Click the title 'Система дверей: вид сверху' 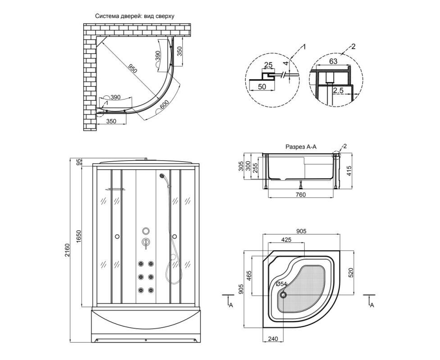(135, 16)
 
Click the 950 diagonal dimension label (132, 69)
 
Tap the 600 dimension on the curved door (164, 105)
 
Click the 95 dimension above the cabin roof (79, 162)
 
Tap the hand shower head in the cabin (162, 176)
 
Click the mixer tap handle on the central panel (146, 243)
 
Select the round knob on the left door (117, 236)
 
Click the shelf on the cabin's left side (115, 189)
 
